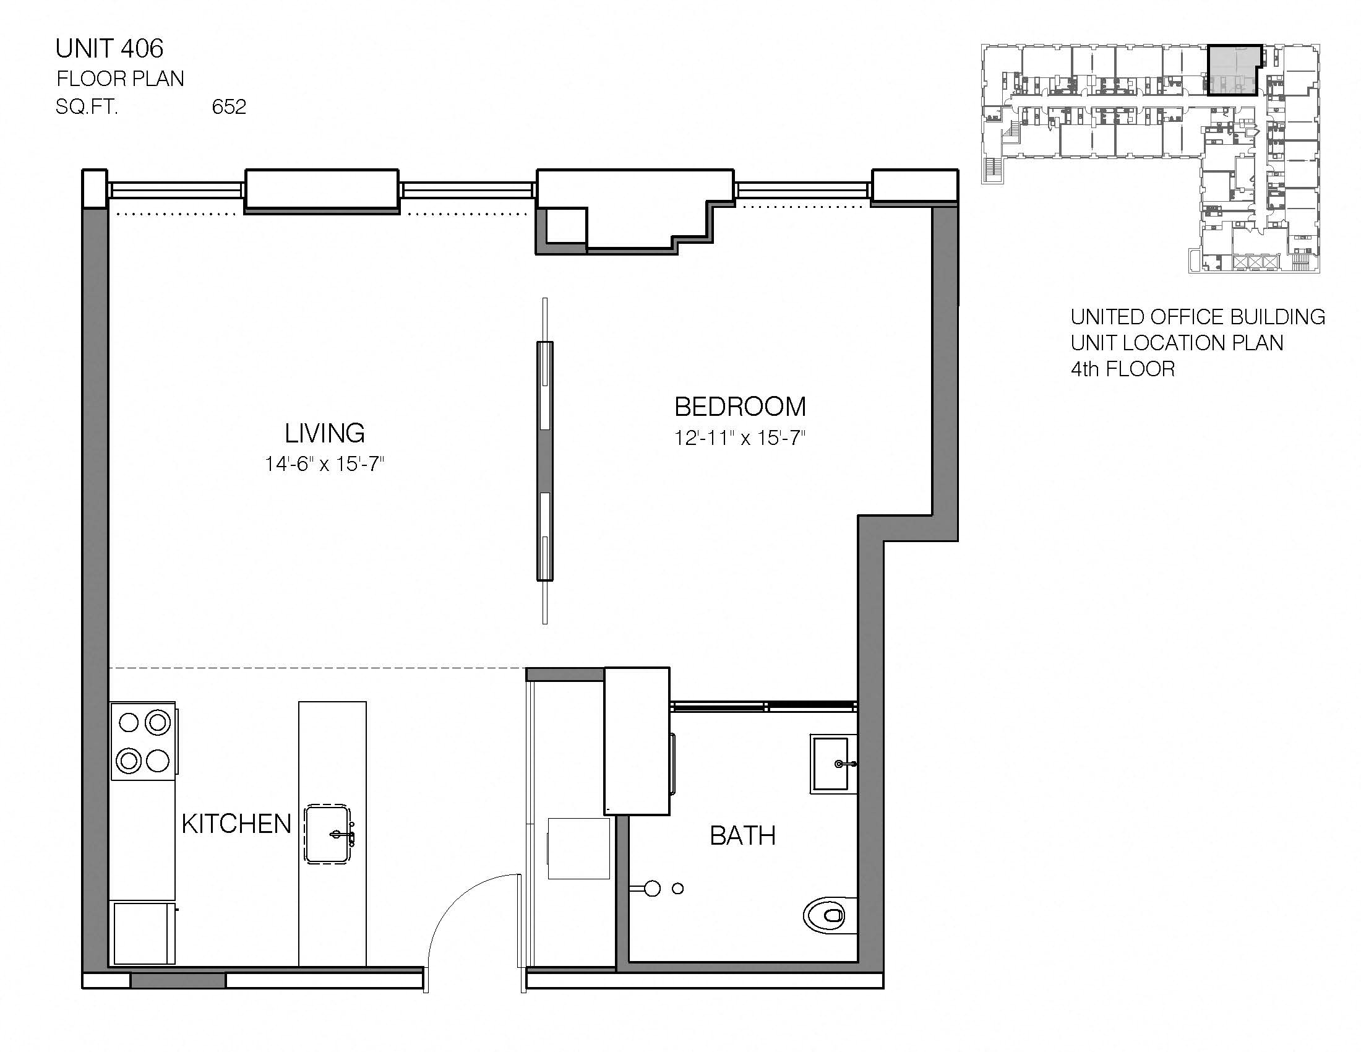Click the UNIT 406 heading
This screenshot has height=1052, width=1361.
pyautogui.click(x=109, y=49)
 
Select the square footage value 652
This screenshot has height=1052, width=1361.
pyautogui.click(x=229, y=107)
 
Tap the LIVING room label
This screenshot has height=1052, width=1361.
pyautogui.click(x=325, y=433)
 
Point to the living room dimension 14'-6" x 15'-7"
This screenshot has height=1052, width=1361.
pyautogui.click(x=325, y=463)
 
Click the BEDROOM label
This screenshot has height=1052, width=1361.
pyautogui.click(x=740, y=407)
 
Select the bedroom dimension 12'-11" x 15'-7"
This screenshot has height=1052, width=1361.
pyautogui.click(x=740, y=438)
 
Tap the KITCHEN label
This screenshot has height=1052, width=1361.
pyautogui.click(x=237, y=824)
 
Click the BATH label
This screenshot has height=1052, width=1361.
pyautogui.click(x=743, y=836)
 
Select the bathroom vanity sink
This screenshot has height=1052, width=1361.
pyautogui.click(x=833, y=764)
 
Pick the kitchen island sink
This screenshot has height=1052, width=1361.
pyautogui.click(x=328, y=835)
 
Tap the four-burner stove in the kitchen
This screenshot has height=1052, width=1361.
pyautogui.click(x=144, y=741)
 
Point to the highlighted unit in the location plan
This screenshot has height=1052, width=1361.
pyautogui.click(x=1232, y=70)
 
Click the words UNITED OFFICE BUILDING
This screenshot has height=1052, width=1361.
pyautogui.click(x=1197, y=317)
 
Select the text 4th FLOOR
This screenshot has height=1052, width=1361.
pyautogui.click(x=1122, y=369)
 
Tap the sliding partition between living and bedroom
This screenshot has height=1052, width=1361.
pyautogui.click(x=544, y=461)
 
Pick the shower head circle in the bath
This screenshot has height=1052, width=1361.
pyautogui.click(x=652, y=888)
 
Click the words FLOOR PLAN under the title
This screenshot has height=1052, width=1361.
pyautogui.click(x=120, y=79)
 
